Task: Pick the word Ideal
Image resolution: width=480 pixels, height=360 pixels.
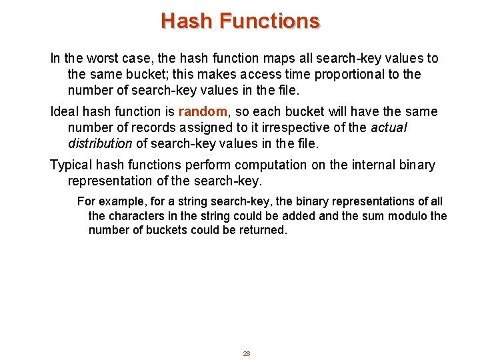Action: [x=65, y=111]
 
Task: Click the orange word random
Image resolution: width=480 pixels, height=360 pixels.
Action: [x=203, y=111]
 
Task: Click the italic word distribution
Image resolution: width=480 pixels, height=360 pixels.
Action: [x=100, y=143]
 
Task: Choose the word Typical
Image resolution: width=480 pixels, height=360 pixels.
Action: [x=74, y=165]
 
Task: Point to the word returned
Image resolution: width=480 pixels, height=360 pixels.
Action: [x=263, y=231]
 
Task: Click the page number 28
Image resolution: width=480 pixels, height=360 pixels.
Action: [x=246, y=353]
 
